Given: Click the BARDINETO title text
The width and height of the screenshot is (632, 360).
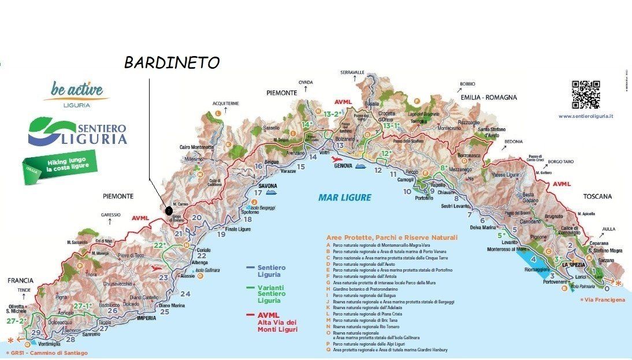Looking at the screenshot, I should coord(172,62).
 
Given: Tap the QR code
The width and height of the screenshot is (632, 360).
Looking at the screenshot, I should coord(585,94).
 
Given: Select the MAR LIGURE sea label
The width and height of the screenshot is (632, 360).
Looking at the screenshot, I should coord(344,198).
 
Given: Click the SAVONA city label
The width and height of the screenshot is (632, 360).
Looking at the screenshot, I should coord(267,186).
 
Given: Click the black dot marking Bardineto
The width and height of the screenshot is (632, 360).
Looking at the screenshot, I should coord(169,211).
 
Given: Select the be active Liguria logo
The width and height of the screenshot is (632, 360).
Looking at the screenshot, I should coord(77,94).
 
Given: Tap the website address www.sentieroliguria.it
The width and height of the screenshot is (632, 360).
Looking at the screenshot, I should coord(585,116).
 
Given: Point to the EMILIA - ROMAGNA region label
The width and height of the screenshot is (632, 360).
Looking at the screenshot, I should coord(488,97).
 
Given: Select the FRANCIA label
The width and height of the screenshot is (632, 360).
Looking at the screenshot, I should coord(20,280).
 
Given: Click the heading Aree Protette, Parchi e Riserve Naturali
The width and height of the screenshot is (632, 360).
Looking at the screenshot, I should coord(391,237).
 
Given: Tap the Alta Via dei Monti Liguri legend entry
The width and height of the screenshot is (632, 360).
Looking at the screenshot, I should coord(278,322).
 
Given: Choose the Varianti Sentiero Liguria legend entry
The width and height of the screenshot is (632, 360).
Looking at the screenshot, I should coord(270,292).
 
